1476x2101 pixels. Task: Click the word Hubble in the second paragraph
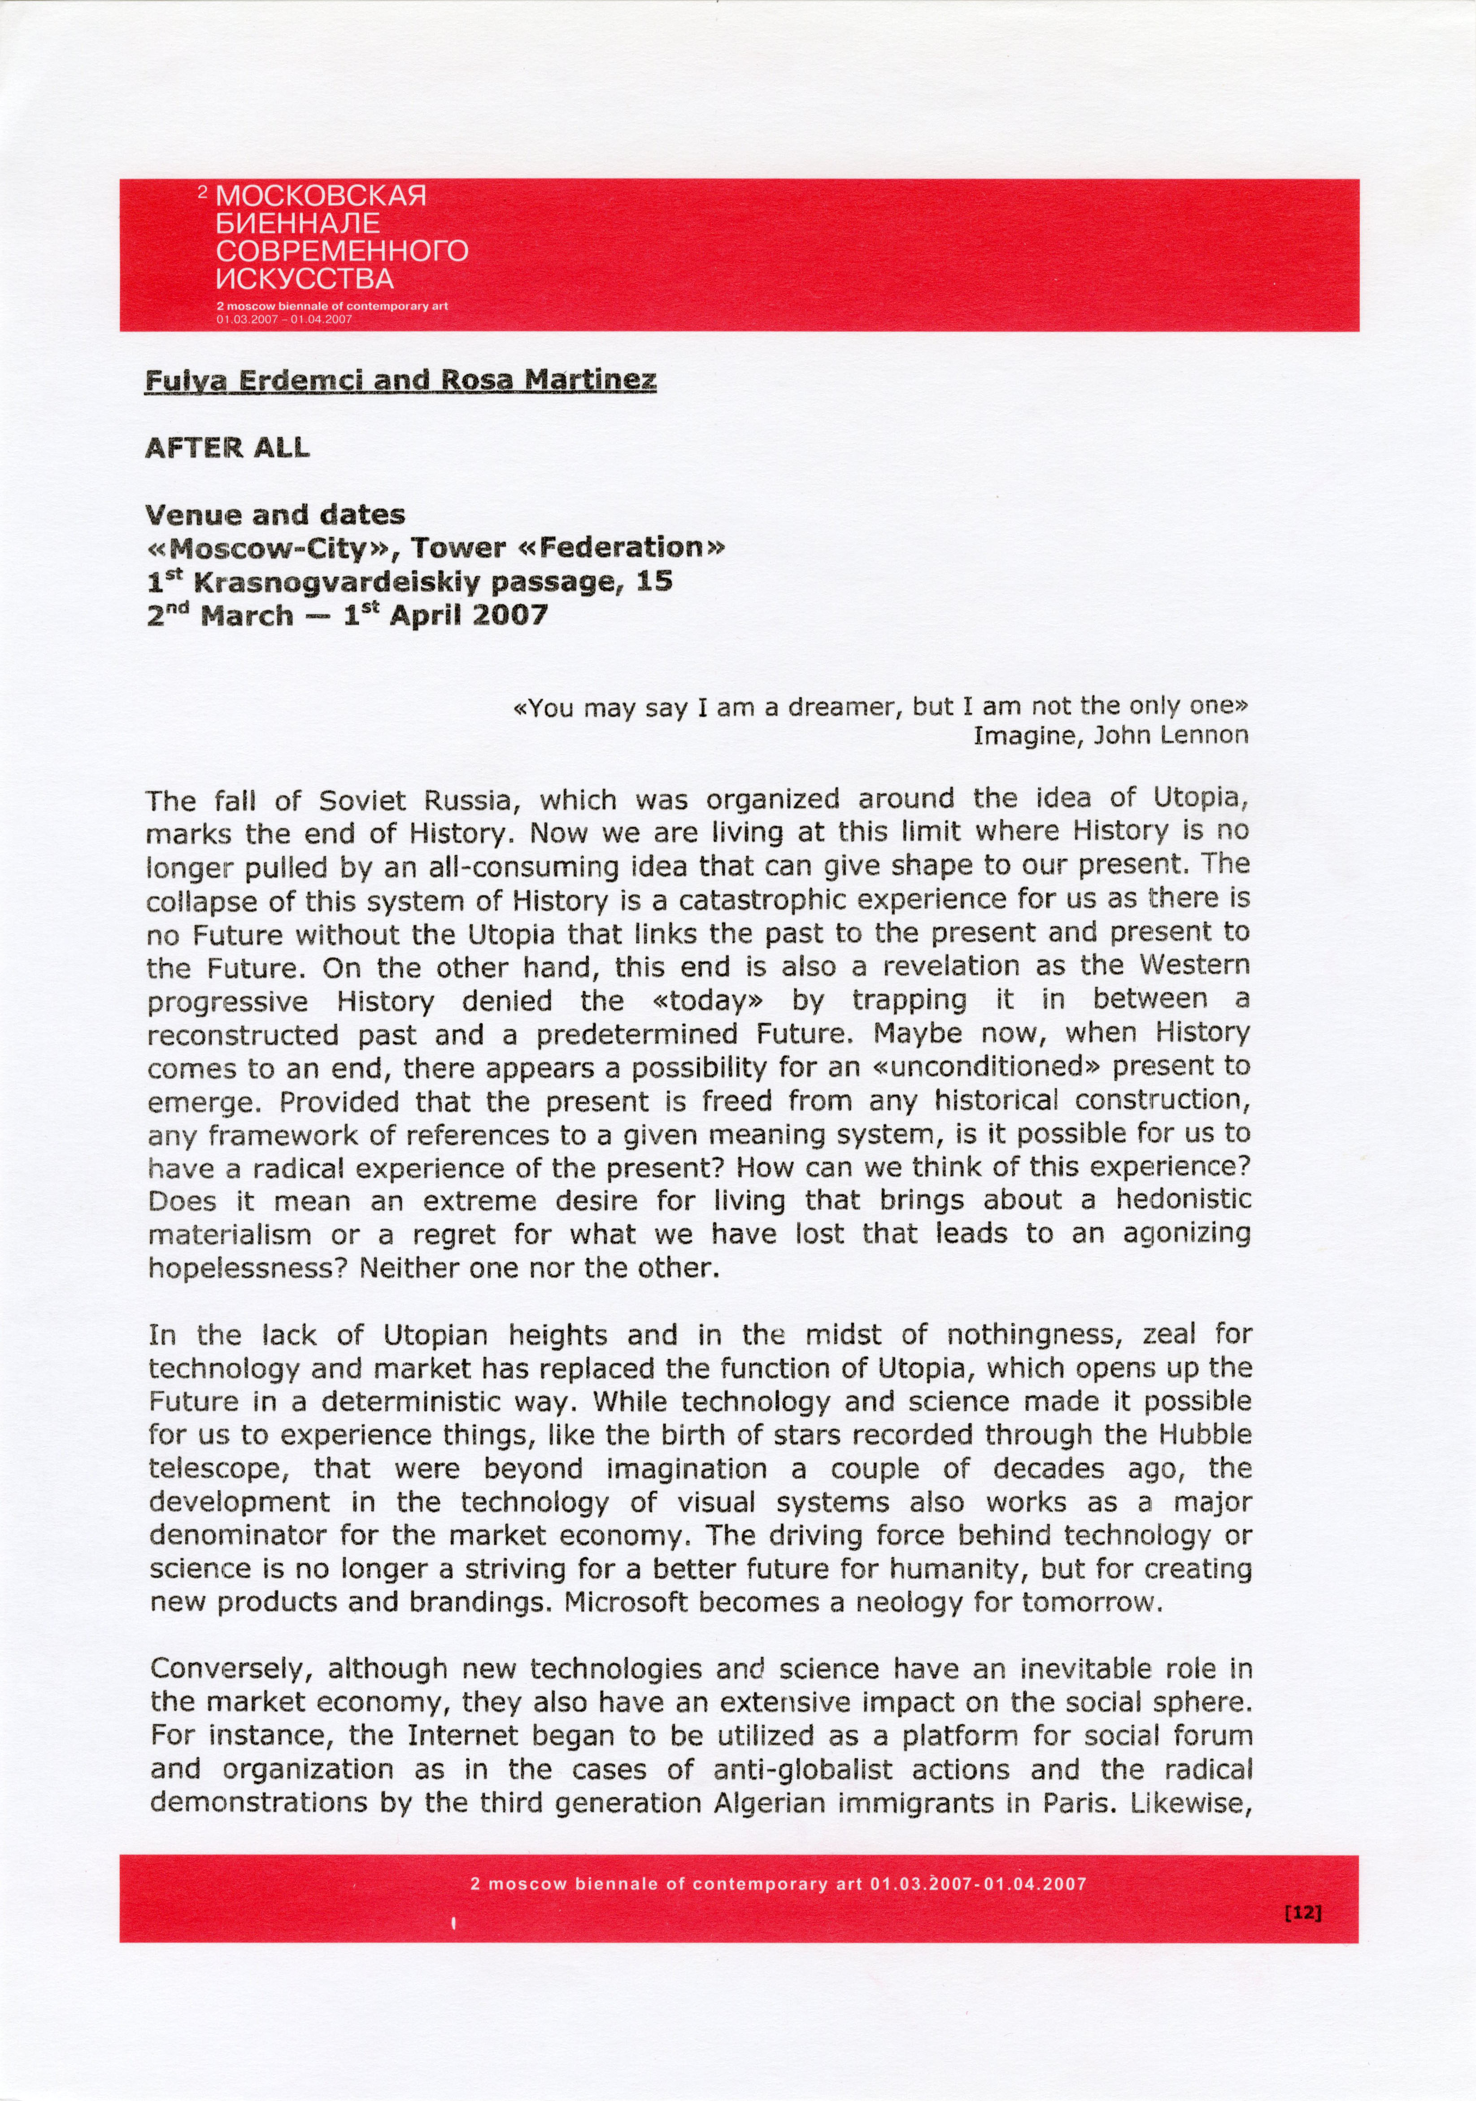[1209, 1435]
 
